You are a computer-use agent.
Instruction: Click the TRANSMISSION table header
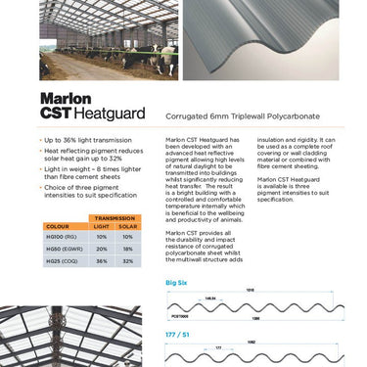[113, 217]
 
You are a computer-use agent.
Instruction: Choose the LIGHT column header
[101, 226]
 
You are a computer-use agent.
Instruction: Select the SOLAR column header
[127, 226]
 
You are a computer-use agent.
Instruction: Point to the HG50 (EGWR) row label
[65, 249]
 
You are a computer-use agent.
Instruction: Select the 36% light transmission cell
[101, 261]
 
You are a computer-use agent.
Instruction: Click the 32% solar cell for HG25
[127, 261]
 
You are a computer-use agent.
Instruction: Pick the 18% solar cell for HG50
[127, 249]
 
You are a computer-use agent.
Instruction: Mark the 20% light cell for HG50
[101, 249]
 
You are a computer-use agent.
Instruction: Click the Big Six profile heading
[177, 282]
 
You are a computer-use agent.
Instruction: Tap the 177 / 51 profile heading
[178, 334]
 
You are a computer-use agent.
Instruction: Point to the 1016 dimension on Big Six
[250, 291]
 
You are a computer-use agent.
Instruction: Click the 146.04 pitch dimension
[209, 298]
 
